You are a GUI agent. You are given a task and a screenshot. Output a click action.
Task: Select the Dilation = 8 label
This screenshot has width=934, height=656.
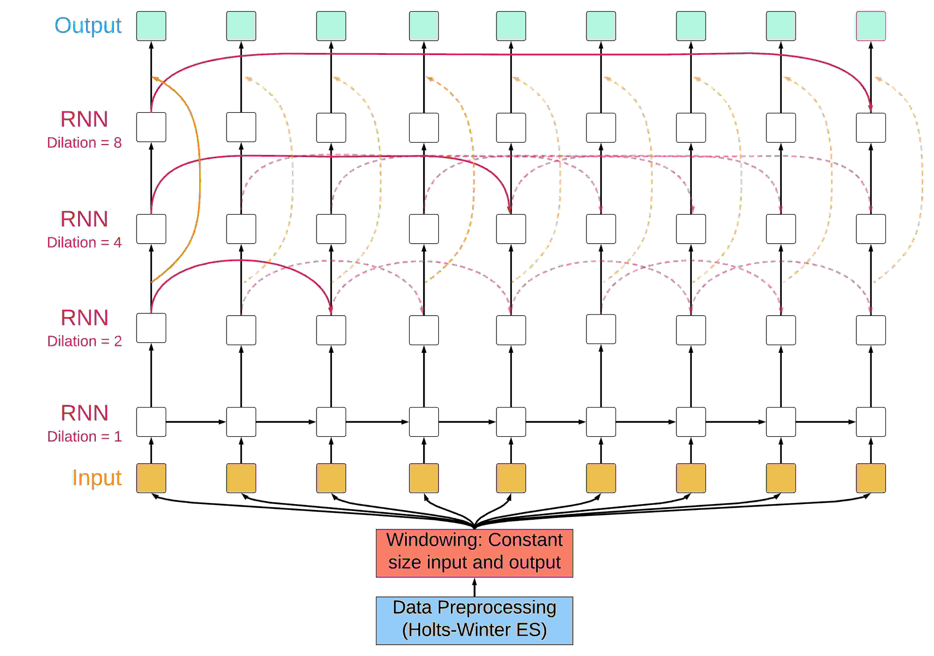pos(84,143)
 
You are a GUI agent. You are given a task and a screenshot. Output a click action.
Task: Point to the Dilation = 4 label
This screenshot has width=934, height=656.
pos(84,243)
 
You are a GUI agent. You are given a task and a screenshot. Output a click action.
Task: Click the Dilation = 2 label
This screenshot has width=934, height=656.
pos(84,341)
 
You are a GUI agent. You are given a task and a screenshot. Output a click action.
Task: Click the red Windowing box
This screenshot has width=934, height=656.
pos(474,553)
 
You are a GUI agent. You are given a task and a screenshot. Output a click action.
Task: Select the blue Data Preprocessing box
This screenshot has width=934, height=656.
pos(474,620)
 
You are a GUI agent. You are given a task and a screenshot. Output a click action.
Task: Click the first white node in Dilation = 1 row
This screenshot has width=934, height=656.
pos(151,422)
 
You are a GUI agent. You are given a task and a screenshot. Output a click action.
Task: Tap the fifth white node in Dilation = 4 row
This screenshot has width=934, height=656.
pos(511,229)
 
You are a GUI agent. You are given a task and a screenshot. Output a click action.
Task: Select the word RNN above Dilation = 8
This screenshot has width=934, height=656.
pos(84,119)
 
